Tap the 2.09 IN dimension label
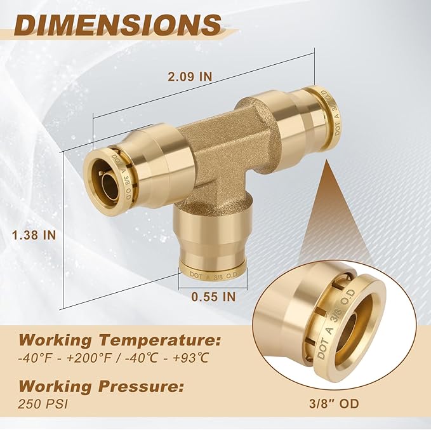(x=190, y=76)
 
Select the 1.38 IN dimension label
(x=34, y=234)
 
